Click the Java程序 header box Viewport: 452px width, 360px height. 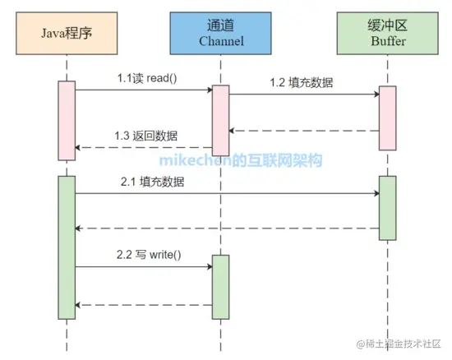[66, 34]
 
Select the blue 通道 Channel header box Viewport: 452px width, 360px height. [220, 34]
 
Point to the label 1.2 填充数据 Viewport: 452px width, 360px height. [302, 82]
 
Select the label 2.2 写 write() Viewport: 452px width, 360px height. [148, 255]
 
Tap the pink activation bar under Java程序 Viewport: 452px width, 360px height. [67, 120]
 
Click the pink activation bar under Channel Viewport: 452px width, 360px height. [220, 120]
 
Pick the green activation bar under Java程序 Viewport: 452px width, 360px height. [67, 247]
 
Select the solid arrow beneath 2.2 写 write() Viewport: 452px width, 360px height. [144, 267]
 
